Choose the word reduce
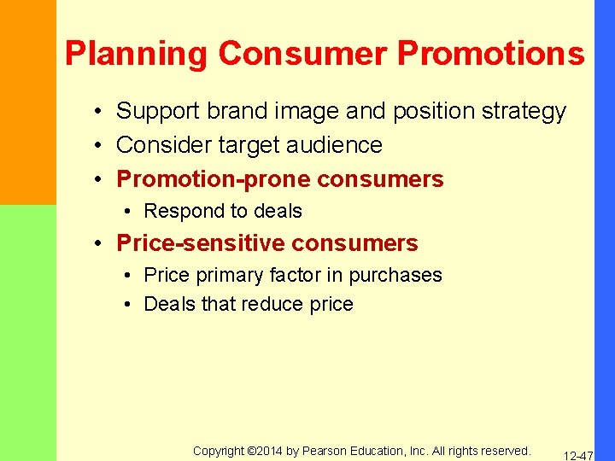point(271,304)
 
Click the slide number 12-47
point(578,457)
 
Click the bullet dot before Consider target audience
point(100,146)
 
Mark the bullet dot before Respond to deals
point(126,212)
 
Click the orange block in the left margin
point(27,102)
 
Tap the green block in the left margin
point(27,333)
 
